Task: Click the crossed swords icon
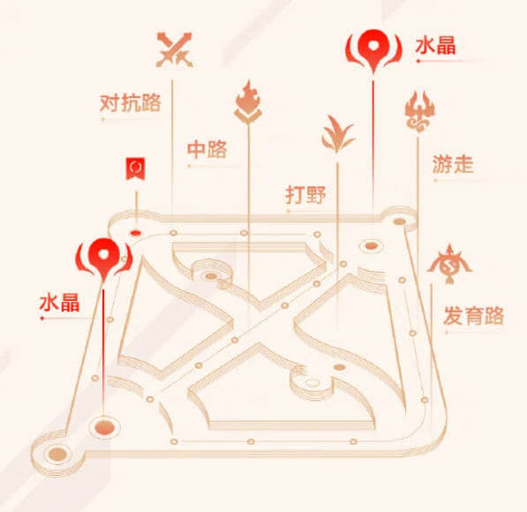[x=174, y=49]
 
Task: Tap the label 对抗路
[x=131, y=103]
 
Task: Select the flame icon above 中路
[x=248, y=102]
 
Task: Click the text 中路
[x=207, y=149]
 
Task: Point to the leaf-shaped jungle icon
[x=337, y=134]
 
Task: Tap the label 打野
[x=305, y=194]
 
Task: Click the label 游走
[x=453, y=164]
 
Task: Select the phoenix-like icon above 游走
[x=419, y=111]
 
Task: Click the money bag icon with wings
[x=449, y=264]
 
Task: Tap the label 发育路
[x=473, y=315]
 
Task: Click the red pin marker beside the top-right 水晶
[x=373, y=50]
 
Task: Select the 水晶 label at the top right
[x=435, y=46]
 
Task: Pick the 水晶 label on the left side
[x=59, y=302]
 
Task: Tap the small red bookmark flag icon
[x=135, y=169]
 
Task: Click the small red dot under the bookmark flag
[x=136, y=233]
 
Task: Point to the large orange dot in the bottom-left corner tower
[x=57, y=454]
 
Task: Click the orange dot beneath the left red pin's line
[x=104, y=428]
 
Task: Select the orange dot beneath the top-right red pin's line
[x=371, y=245]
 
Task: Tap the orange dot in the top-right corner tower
[x=400, y=222]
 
